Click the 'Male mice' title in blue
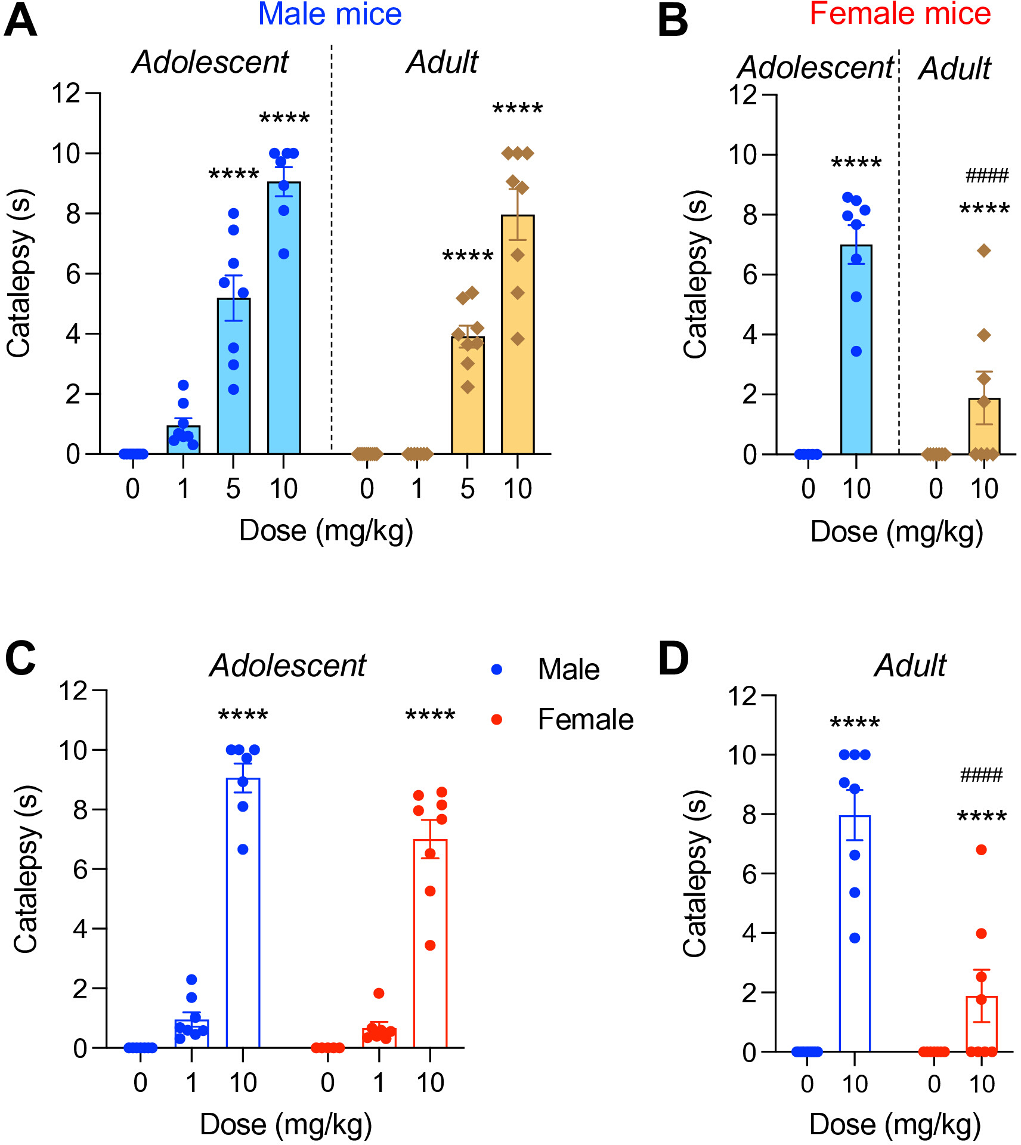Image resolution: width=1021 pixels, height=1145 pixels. click(330, 14)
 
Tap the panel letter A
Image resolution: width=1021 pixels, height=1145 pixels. click(20, 21)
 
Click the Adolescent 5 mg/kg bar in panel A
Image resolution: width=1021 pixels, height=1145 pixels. click(234, 376)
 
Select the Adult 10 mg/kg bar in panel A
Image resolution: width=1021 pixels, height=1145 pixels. click(518, 335)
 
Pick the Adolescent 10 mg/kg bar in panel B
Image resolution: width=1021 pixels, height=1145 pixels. click(856, 349)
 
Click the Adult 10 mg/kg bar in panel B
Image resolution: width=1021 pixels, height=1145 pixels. click(984, 426)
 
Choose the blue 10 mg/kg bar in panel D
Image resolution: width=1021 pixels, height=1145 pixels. click(855, 934)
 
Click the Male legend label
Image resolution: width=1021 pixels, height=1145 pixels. click(568, 669)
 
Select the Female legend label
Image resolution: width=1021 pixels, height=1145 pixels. click(586, 719)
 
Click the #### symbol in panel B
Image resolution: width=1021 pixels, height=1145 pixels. click(987, 175)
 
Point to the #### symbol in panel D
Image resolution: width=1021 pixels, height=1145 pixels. click(982, 775)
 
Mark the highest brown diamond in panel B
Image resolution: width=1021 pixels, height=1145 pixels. click(984, 250)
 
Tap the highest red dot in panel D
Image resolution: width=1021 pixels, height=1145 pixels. click(981, 849)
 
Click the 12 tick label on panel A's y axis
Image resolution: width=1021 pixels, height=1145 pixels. click(66, 94)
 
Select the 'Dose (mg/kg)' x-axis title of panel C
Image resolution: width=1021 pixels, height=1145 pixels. click(286, 1125)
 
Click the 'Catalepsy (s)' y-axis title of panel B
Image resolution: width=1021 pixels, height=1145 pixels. click(695, 274)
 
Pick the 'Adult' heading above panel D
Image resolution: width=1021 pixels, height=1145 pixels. click(910, 665)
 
